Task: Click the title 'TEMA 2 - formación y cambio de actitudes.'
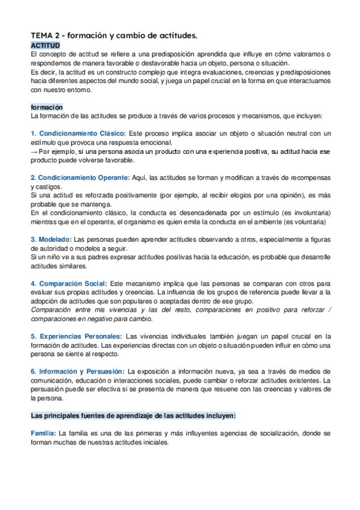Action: coord(122,36)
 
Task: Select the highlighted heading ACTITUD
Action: coord(46,46)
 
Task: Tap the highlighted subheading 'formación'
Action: coord(47,107)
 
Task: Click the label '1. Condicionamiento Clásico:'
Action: coord(78,134)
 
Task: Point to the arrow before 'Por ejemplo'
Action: coord(34,152)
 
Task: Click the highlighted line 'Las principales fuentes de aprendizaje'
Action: coord(133,416)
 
